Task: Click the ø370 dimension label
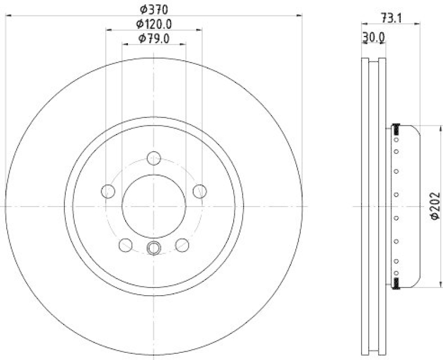point(153,9)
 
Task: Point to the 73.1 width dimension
point(391,18)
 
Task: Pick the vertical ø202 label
point(435,206)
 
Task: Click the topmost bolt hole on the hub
point(153,158)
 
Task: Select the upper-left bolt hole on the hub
point(108,192)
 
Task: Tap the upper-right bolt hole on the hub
point(199,192)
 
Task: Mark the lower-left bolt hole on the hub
point(126,244)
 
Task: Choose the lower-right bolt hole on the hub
point(182,244)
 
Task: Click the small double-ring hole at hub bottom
point(153,248)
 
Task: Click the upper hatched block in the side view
point(396,130)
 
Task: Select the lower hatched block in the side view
point(396,284)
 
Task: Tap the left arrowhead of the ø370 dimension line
point(7,16)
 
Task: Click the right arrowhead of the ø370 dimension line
point(300,16)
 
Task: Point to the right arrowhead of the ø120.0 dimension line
point(199,30)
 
